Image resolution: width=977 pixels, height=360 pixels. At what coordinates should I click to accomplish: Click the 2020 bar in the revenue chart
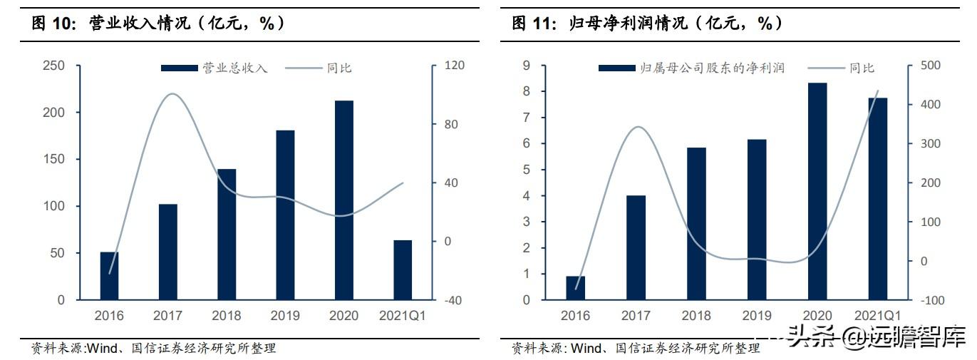344,200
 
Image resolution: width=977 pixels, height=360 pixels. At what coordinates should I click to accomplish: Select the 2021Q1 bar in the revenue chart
403,270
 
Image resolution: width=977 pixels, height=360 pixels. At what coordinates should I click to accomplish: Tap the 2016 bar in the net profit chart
575,288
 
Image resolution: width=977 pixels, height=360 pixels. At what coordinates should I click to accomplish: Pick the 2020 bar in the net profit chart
817,191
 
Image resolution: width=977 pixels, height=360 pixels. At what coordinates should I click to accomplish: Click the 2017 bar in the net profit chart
636,248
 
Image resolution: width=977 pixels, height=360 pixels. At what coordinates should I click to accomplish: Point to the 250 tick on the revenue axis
53,66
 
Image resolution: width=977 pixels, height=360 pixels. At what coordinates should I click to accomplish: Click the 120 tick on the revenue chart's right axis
455,66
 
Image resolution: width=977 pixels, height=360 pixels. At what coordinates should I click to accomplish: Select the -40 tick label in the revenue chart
453,300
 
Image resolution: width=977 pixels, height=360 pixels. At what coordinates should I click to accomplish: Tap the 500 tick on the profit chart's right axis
931,66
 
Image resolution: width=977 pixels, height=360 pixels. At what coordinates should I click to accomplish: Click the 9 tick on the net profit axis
527,66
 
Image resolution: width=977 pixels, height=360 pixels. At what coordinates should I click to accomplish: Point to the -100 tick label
933,300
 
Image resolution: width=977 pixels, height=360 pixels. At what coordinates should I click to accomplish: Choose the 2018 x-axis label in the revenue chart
227,316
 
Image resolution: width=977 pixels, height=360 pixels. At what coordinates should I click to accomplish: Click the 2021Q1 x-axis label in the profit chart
877,316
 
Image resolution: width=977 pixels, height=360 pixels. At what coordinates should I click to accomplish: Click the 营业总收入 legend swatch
180,68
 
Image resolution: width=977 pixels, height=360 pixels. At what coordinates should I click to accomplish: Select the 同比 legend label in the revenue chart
339,68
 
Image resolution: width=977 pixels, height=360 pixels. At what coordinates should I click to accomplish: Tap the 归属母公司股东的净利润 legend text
712,68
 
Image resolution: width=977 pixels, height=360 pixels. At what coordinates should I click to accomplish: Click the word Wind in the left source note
102,348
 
